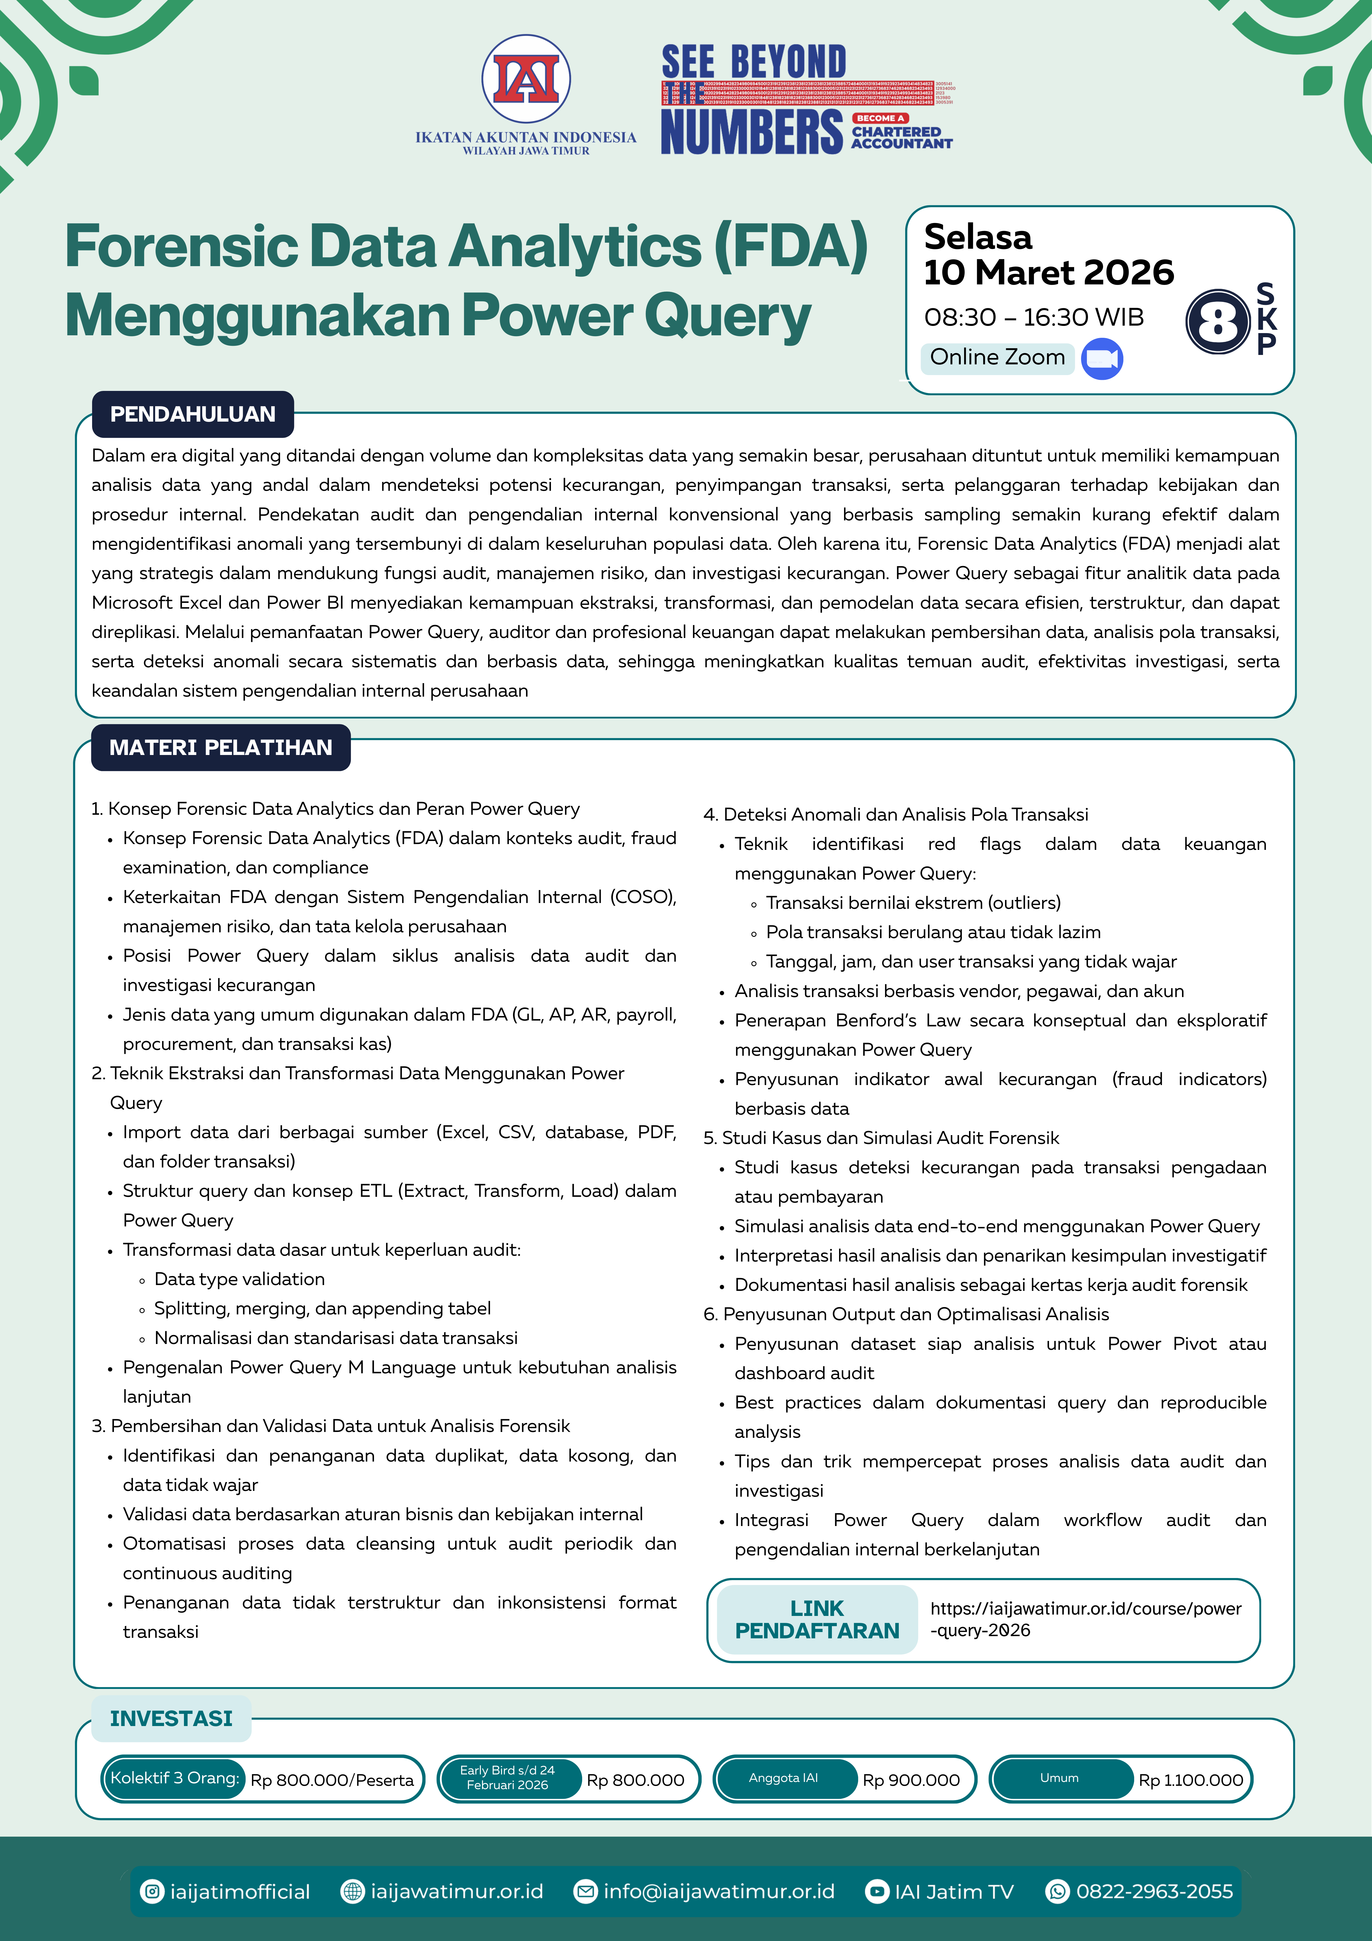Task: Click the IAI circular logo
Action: click(526, 79)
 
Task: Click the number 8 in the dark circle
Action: click(1217, 321)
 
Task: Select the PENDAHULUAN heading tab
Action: click(193, 414)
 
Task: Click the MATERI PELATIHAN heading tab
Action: click(221, 747)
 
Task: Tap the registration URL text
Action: click(1085, 1619)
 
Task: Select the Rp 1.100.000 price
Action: click(1190, 1779)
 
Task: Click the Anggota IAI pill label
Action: click(784, 1778)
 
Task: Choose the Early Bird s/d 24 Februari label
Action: click(507, 1778)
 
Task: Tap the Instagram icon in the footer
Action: click(152, 1891)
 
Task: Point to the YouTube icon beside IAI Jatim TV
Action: click(878, 1891)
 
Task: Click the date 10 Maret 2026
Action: click(1048, 272)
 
